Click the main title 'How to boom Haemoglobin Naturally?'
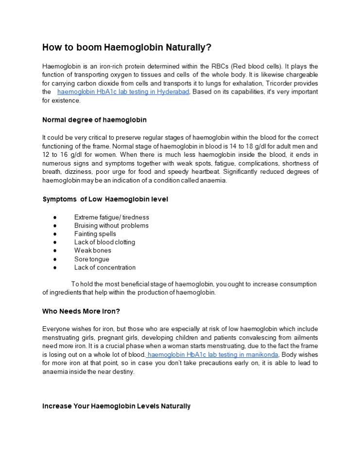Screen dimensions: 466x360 127,47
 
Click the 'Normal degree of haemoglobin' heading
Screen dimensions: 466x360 94,119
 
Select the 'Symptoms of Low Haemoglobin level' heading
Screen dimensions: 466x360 105,199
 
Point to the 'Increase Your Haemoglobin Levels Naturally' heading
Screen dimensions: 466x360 116,406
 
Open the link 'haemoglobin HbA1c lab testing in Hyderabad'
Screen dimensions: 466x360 123,92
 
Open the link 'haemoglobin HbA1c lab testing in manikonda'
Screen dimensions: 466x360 212,355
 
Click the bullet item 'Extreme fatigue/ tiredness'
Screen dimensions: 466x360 111,217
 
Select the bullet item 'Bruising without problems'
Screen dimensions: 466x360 111,225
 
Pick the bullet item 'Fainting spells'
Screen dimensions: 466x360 95,233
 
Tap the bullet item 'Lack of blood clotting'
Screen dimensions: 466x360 104,242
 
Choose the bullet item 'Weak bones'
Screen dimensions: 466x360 92,250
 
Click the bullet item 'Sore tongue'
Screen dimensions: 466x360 91,259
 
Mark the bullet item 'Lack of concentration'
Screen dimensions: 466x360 104,267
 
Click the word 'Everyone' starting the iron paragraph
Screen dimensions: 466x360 56,329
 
